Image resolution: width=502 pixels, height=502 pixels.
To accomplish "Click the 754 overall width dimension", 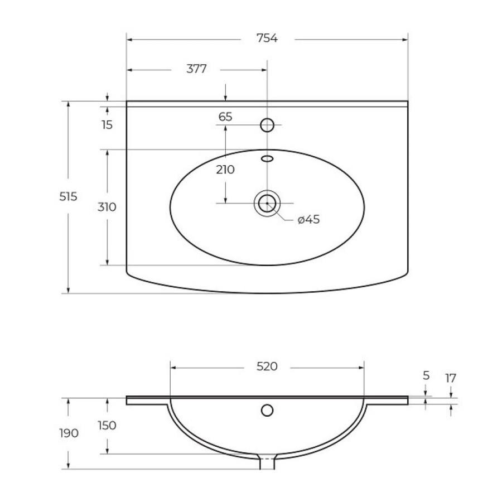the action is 267,38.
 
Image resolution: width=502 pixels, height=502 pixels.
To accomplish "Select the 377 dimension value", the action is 196,69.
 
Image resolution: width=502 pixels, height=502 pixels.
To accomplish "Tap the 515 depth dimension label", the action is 68,196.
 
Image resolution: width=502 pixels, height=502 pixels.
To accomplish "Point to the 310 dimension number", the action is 107,207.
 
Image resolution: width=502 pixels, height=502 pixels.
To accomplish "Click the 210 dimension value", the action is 225,170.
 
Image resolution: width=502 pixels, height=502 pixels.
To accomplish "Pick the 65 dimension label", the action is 225,117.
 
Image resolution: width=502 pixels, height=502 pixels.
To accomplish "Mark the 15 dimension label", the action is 107,125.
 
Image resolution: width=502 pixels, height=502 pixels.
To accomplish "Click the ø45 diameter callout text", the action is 309,220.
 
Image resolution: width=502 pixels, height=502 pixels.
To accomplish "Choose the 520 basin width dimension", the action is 267,366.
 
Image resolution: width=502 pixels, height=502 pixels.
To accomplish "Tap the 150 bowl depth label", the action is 107,426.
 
